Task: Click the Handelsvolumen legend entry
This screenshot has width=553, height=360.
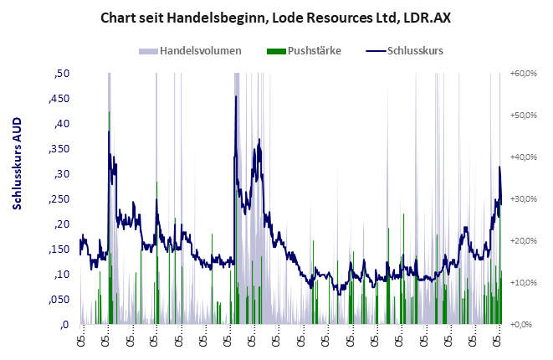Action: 200,51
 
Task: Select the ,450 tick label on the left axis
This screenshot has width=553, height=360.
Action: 59,99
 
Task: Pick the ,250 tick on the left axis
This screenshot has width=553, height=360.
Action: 59,199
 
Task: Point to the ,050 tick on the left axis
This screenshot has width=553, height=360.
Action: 59,300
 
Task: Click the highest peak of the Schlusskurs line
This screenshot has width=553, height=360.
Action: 236,97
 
